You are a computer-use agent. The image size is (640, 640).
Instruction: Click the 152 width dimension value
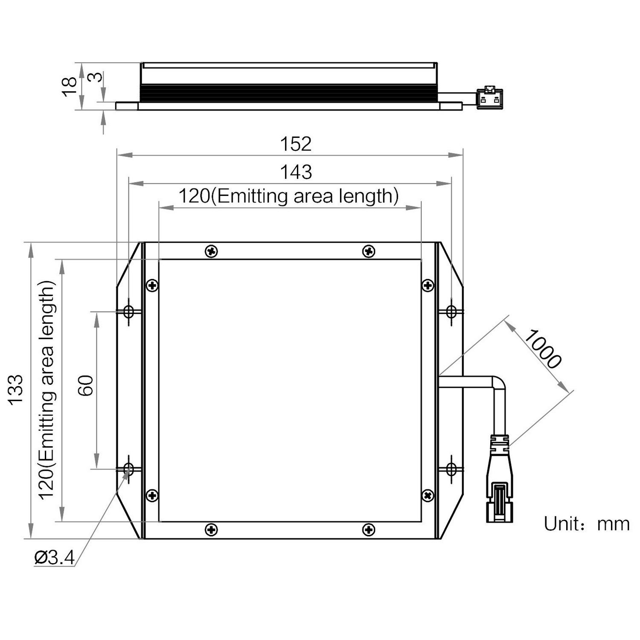(296, 144)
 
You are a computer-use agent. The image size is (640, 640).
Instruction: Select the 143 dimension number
(296, 172)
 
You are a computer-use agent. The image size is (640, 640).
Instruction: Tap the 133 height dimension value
(16, 390)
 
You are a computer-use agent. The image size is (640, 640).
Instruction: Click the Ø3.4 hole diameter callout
(55, 558)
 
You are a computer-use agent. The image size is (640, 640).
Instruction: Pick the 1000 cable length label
(542, 349)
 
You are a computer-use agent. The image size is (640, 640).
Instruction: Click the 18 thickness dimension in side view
(70, 87)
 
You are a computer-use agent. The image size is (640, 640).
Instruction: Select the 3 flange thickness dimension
(97, 77)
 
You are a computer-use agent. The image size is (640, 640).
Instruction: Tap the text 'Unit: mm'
(586, 524)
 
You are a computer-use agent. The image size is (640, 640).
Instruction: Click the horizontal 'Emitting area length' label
(305, 196)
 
